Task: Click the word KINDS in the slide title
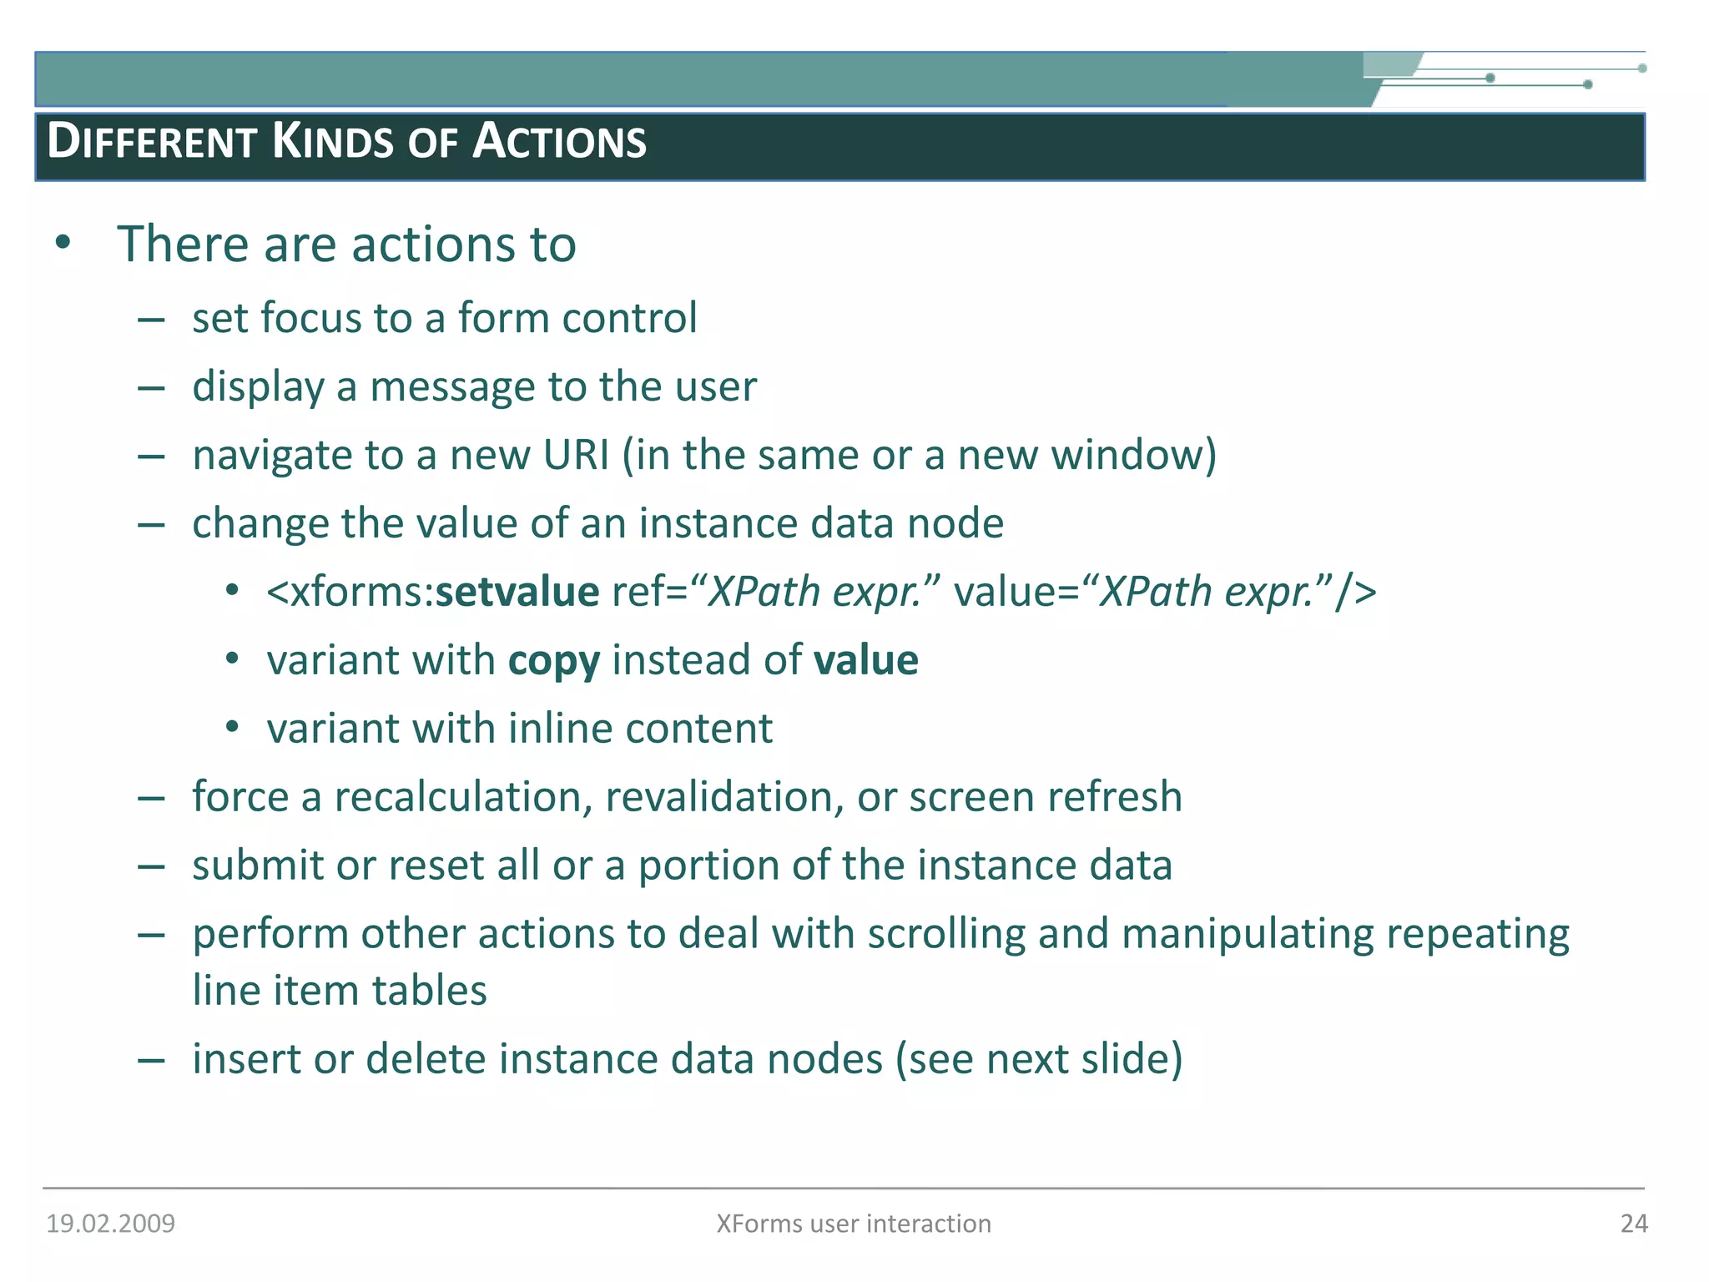(333, 141)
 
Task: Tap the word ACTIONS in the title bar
(559, 141)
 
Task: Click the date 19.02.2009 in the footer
(111, 1224)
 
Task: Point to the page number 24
(1633, 1224)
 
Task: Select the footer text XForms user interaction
(854, 1224)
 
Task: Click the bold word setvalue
(517, 592)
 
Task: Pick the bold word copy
(553, 662)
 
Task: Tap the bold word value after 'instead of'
(865, 660)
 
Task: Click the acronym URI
(576, 456)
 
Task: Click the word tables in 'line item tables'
(429, 991)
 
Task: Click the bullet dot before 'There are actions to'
(63, 244)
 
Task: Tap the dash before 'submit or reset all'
(151, 866)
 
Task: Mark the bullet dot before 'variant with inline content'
(233, 728)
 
